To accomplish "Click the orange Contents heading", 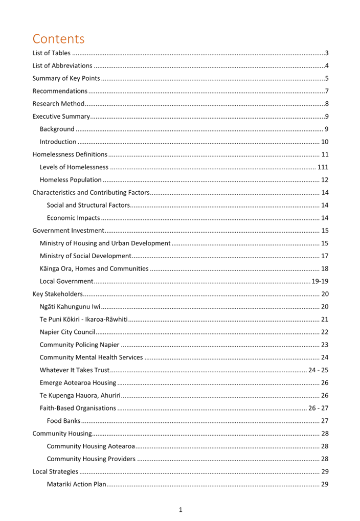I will point(58,39).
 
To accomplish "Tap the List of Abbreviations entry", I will point(62,65).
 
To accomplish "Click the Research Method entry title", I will point(58,104).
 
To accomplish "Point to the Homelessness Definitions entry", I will point(70,154).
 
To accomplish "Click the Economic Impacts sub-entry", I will point(73,218).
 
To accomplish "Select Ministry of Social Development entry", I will point(85,256).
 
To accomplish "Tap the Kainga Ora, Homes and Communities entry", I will point(94,268).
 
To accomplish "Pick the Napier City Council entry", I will point(68,332).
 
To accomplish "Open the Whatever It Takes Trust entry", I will point(75,370).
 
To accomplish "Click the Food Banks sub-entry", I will point(63,421).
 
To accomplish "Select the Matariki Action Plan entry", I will point(77,484).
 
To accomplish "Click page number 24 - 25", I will point(318,370).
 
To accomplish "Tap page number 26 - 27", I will point(318,408).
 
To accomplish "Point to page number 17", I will point(325,256).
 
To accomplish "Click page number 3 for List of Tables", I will point(327,53).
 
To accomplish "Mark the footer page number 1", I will point(181,509).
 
